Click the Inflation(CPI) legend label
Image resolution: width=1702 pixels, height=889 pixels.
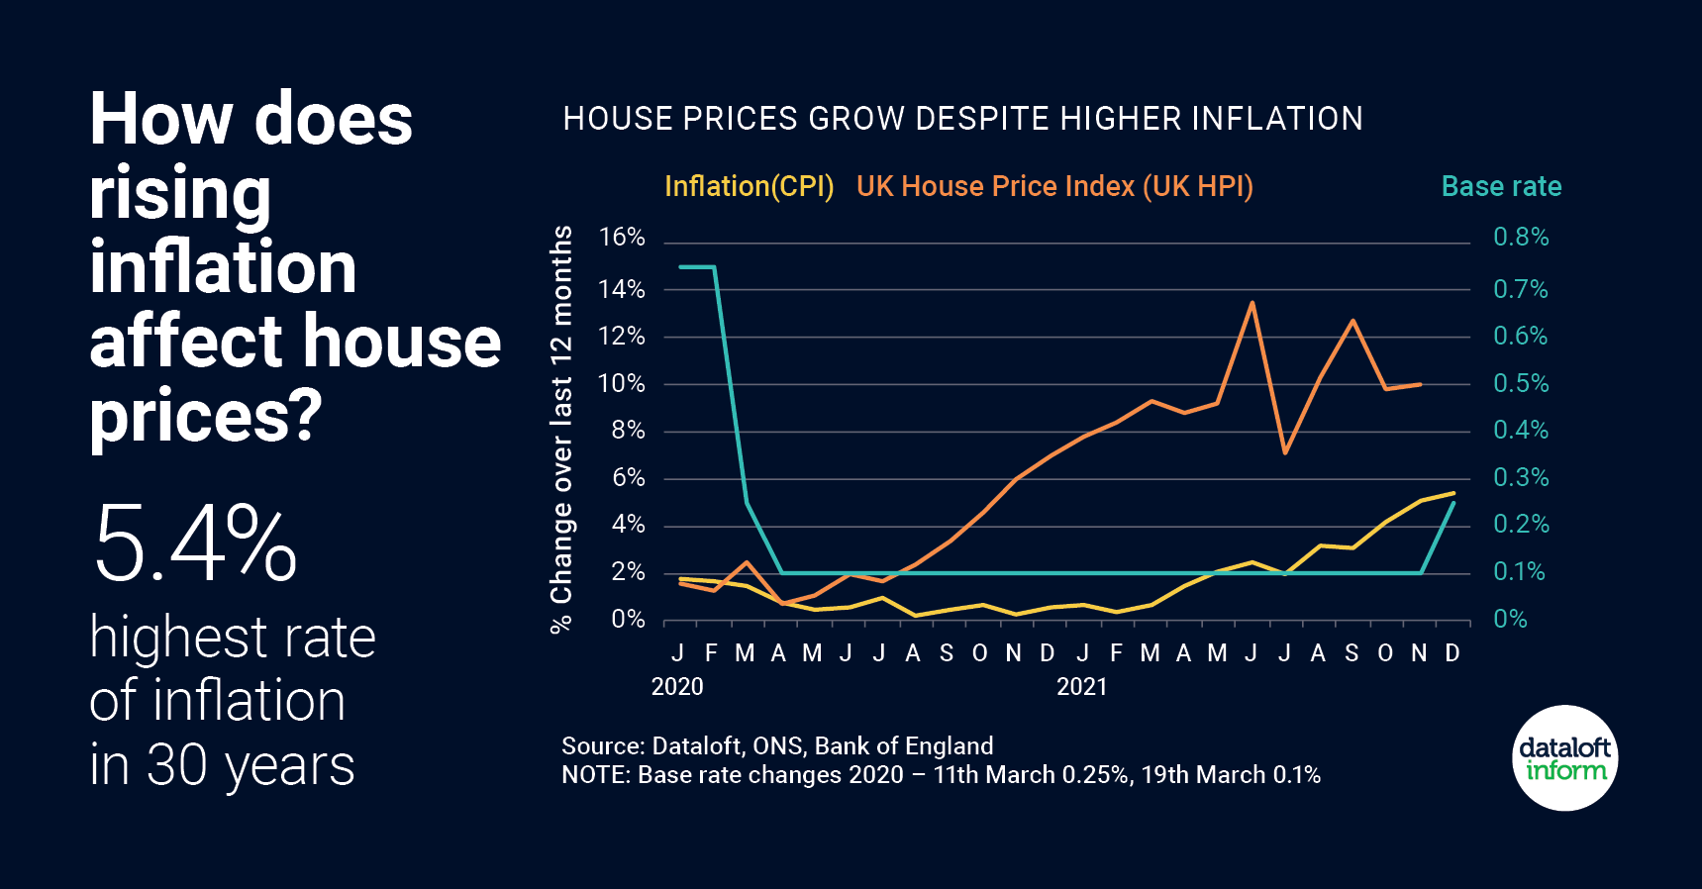pos(749,186)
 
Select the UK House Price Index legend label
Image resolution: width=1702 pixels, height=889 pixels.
pos(1054,186)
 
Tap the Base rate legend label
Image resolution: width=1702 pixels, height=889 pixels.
pos(1501,186)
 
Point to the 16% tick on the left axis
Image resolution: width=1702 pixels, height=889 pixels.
pos(622,238)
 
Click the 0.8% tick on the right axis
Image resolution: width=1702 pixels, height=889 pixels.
pos(1521,238)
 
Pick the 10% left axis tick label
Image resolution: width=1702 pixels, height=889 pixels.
pos(622,383)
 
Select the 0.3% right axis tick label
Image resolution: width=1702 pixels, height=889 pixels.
pos(1521,478)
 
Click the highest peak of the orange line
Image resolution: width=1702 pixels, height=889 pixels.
pos(1252,303)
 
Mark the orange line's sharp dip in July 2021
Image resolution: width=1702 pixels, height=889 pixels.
pos(1285,452)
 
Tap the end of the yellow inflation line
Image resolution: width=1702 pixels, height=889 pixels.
pos(1453,493)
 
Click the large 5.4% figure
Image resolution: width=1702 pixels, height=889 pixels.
pos(195,543)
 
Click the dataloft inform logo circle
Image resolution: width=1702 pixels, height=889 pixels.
pos(1565,758)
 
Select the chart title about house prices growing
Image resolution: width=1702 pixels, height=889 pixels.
pos(962,119)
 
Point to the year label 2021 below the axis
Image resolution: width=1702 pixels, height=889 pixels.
pos(1081,687)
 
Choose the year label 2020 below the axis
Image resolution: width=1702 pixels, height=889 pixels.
pos(677,687)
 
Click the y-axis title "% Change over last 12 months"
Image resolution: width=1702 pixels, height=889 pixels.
pos(561,428)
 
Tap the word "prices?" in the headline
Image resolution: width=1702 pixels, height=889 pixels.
pos(206,416)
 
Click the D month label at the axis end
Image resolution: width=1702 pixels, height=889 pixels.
pos(1452,653)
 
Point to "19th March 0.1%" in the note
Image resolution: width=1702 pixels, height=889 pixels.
pos(1231,774)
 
